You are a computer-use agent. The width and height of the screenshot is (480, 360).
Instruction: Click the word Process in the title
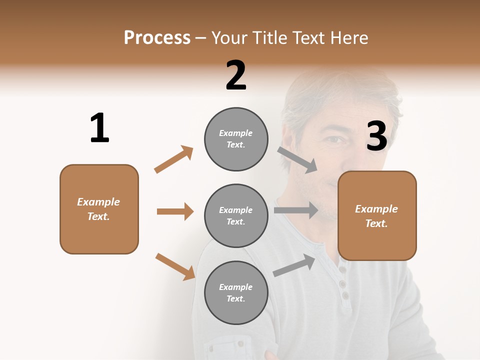[157, 37]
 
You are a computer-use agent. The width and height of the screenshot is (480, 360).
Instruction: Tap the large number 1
[99, 128]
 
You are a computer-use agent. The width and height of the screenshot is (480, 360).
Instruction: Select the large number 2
[236, 75]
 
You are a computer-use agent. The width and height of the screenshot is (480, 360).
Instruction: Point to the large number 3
[376, 136]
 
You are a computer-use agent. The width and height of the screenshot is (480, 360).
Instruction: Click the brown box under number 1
[99, 209]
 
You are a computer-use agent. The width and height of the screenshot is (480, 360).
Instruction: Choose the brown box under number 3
[377, 216]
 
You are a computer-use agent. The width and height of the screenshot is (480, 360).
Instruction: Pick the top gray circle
[236, 139]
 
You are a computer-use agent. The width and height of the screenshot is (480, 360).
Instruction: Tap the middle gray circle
[236, 216]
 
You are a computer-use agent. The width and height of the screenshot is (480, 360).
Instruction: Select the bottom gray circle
[236, 293]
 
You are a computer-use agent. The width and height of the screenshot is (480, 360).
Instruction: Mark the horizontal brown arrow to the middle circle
[175, 211]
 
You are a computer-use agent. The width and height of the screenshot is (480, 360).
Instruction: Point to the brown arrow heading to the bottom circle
[175, 266]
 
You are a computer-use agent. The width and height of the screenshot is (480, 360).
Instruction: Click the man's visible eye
[336, 140]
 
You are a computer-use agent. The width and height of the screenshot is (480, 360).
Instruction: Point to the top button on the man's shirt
[342, 270]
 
